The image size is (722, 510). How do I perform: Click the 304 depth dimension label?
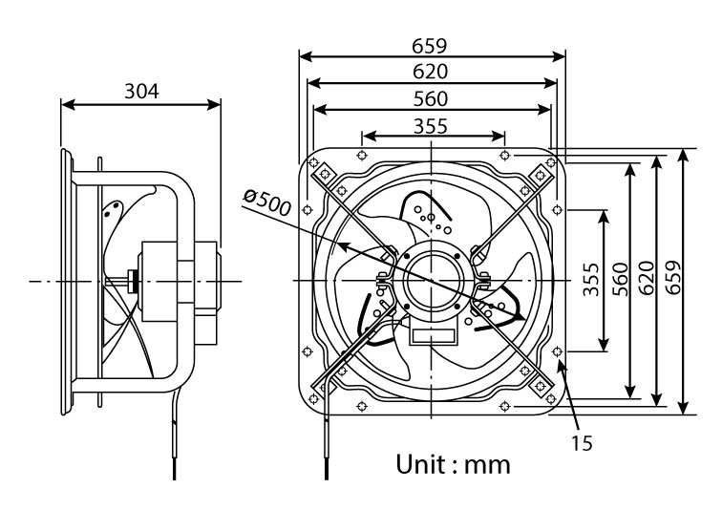coord(141,91)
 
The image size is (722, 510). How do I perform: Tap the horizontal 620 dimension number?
coord(430,72)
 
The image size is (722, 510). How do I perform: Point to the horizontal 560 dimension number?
coord(430,99)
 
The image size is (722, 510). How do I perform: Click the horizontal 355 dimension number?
coord(430,126)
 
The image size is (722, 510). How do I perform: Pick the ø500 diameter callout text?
coord(267,202)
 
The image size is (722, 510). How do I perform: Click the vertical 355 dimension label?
coord(591,280)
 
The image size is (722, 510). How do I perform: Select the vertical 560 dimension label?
coord(620,280)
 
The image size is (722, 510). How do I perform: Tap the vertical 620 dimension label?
coord(647,278)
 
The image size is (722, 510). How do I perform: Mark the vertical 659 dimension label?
coord(672,277)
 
